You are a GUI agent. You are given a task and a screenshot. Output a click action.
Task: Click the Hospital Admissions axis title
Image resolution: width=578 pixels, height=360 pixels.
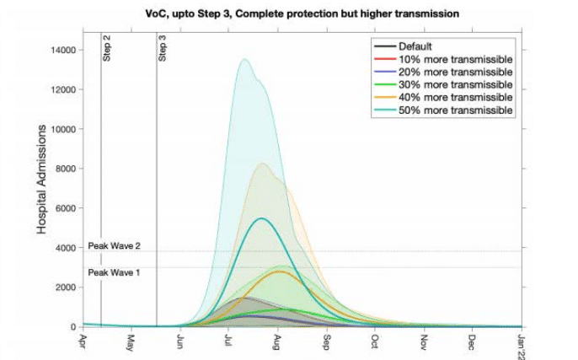[x=41, y=179]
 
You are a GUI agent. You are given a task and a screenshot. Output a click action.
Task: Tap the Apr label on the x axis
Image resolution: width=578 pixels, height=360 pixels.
[x=83, y=341]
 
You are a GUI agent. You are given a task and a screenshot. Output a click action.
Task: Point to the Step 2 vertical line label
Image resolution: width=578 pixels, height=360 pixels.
[x=107, y=49]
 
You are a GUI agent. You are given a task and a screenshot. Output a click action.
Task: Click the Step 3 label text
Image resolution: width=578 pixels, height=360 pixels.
[x=163, y=49]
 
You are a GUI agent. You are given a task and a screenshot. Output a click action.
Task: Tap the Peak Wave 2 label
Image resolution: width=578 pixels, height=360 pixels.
[x=115, y=246]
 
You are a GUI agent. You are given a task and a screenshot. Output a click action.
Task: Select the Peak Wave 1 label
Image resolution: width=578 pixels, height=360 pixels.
[x=115, y=272]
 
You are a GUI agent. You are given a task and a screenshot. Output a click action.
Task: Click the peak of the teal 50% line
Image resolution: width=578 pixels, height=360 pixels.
[x=262, y=218]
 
